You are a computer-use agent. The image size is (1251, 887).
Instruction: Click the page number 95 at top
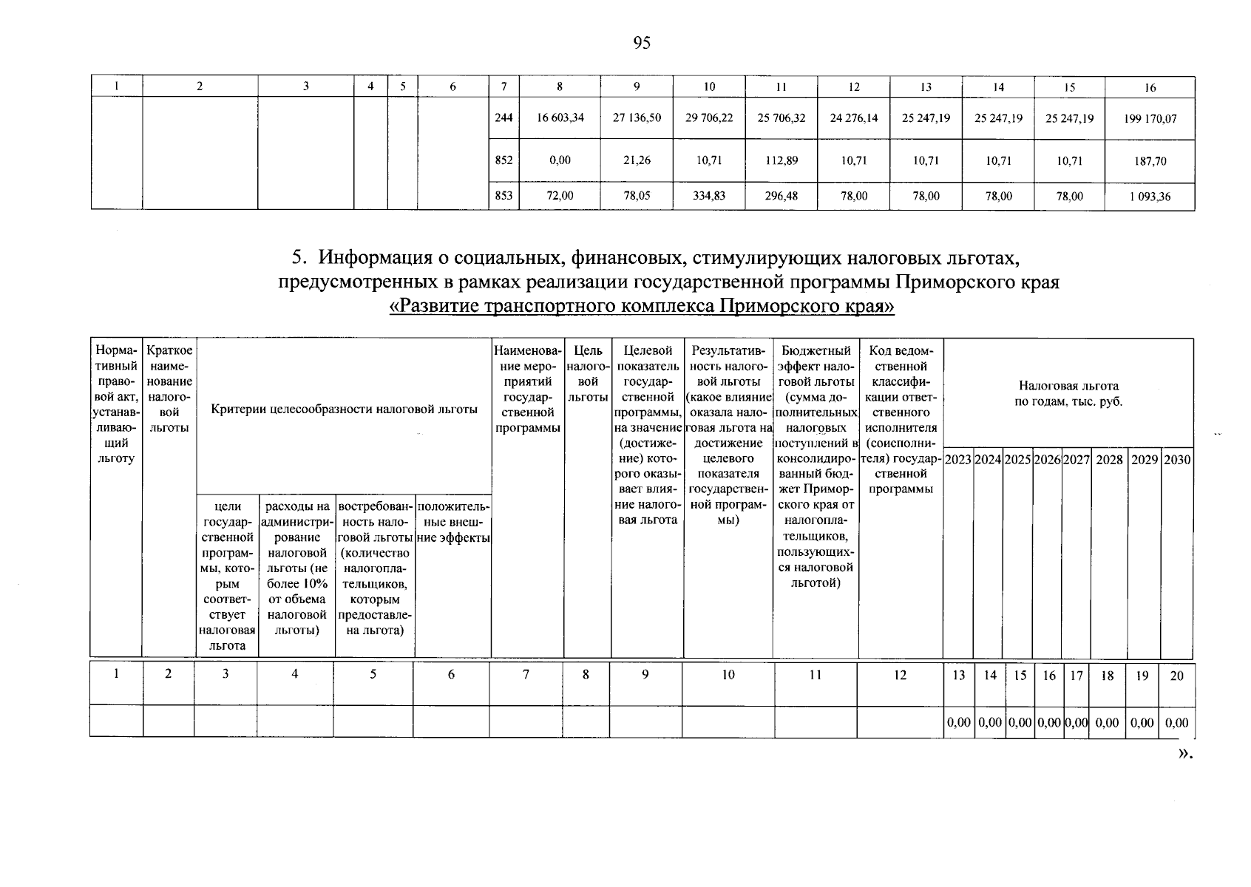coord(642,44)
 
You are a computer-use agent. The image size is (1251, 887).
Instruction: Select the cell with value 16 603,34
coord(559,118)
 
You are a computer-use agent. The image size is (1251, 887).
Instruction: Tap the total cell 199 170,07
coord(1150,118)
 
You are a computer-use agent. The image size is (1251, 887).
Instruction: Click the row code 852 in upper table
coord(504,160)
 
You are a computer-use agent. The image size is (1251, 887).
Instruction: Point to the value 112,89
coord(782,160)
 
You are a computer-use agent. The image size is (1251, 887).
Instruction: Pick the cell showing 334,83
coord(709,197)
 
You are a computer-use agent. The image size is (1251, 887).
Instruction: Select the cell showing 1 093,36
coord(1150,197)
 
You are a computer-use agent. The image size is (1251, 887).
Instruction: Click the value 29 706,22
coord(709,118)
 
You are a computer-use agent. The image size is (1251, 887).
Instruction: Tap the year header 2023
coord(958,460)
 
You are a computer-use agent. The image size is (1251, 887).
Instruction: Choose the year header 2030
coord(1177,460)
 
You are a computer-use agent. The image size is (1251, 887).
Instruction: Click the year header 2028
coord(1108,460)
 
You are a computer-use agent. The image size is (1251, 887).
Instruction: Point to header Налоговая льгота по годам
coord(1068,393)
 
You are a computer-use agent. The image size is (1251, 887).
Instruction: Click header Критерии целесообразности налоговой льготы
coord(344,409)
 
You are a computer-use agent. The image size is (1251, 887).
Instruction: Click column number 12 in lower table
coord(900,675)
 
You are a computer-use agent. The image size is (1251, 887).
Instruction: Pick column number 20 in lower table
coord(1177,676)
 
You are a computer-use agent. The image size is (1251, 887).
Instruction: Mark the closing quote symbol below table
coord(1184,753)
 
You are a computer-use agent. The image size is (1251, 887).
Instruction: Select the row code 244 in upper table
coord(504,118)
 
